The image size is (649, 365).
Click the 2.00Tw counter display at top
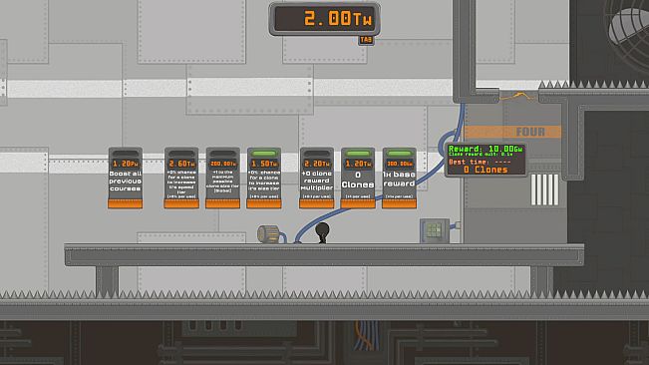tap(323, 18)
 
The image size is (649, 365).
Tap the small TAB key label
tap(366, 41)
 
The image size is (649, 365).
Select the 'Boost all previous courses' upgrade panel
tap(126, 178)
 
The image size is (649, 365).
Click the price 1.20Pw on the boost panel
tap(126, 163)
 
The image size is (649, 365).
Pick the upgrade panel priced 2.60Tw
tap(181, 178)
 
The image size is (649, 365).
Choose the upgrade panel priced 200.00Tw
tap(222, 178)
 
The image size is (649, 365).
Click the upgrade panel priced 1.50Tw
tap(264, 178)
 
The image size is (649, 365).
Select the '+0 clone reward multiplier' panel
tap(316, 178)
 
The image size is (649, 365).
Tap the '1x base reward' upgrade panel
tap(399, 178)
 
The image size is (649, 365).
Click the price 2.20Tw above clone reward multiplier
tap(316, 163)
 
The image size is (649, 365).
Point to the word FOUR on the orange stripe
tap(528, 132)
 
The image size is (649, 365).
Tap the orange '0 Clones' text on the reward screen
tap(478, 170)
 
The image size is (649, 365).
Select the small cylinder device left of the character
tap(268, 233)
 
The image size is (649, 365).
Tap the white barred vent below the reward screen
tap(546, 189)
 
